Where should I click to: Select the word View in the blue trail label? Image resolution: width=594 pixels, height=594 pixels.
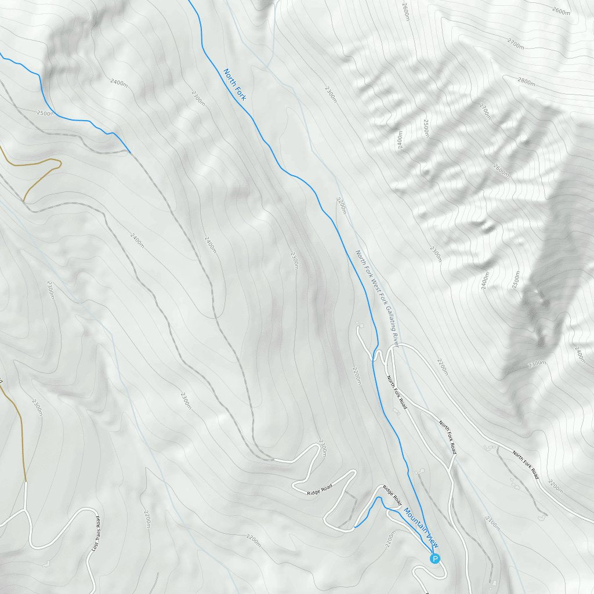tap(432, 541)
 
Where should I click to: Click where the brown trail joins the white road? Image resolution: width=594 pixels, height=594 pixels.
tap(26, 481)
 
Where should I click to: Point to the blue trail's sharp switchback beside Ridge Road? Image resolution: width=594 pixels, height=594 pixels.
tap(379, 498)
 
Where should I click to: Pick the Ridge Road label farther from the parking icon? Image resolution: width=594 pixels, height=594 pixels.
tap(320, 490)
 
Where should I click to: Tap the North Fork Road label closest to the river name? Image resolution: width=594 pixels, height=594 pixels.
tap(397, 393)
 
